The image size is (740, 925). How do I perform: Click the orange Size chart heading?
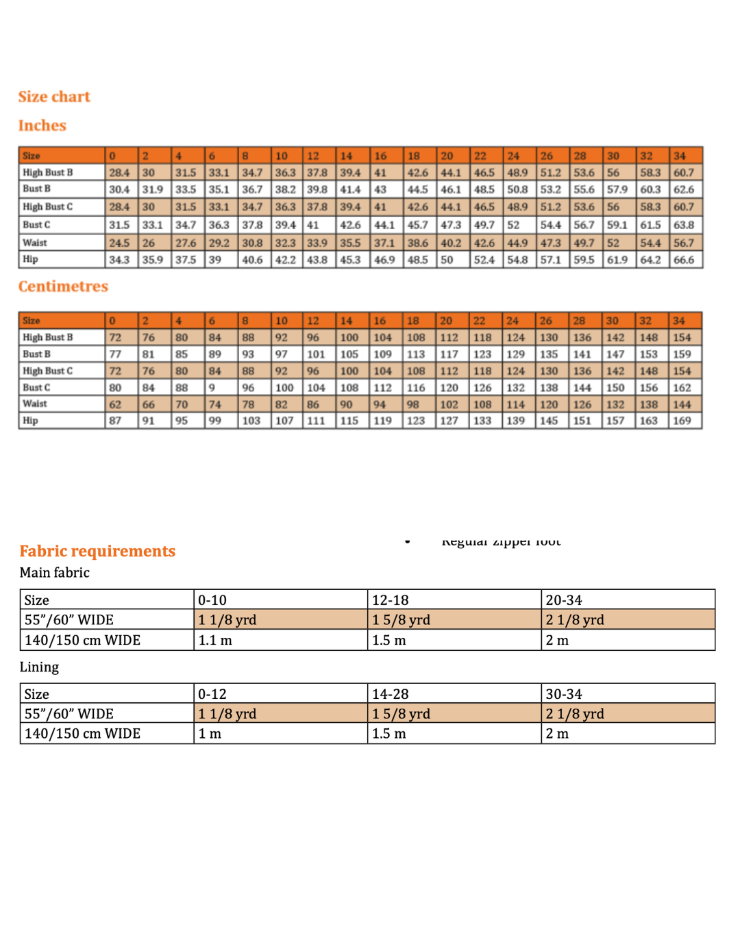54,97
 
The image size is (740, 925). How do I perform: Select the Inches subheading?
42,125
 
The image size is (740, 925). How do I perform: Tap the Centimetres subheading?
63,286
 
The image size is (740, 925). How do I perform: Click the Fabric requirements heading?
97,551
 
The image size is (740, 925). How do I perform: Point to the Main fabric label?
55,573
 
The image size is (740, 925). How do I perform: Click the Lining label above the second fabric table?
39,667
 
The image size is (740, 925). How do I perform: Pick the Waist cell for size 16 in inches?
384,243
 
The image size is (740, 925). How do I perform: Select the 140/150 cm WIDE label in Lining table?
82,733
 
